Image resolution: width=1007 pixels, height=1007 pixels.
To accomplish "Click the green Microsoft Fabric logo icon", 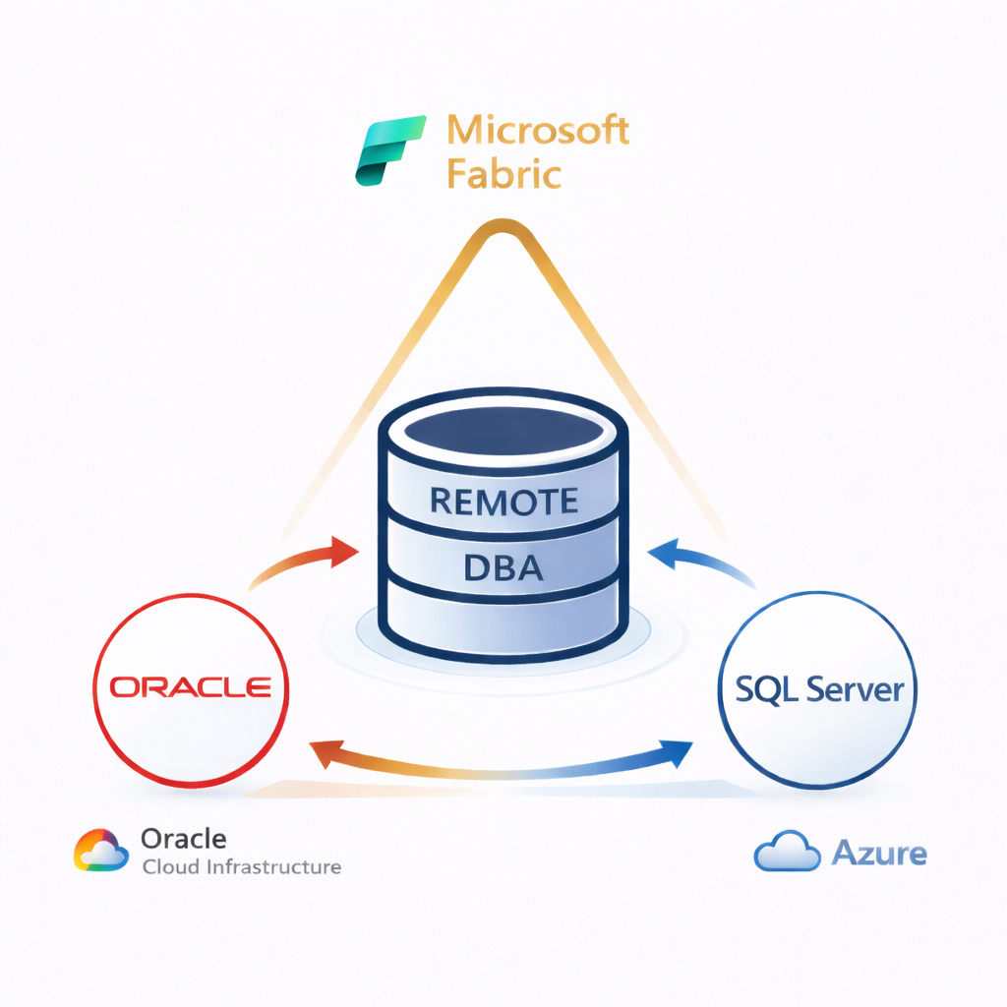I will click(x=389, y=150).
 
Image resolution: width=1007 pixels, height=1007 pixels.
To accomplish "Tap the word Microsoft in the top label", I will click(x=537, y=130).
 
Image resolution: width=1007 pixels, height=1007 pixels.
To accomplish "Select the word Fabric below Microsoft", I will click(x=503, y=174).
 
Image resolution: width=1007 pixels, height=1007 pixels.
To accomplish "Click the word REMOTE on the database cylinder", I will click(x=503, y=501).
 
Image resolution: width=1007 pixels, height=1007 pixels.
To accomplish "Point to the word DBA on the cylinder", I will click(x=503, y=567).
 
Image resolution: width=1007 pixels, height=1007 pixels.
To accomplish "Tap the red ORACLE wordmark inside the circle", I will click(x=190, y=685).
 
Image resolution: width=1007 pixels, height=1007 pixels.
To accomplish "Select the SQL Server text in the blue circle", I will click(x=819, y=688).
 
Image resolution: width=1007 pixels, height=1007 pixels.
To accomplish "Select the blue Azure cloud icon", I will click(x=787, y=853).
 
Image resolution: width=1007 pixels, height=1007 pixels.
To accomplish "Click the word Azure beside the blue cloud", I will click(x=879, y=853).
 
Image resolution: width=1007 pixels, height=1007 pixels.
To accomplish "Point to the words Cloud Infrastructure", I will click(x=241, y=867).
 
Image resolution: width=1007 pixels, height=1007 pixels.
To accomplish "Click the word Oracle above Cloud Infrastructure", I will click(x=184, y=839).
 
